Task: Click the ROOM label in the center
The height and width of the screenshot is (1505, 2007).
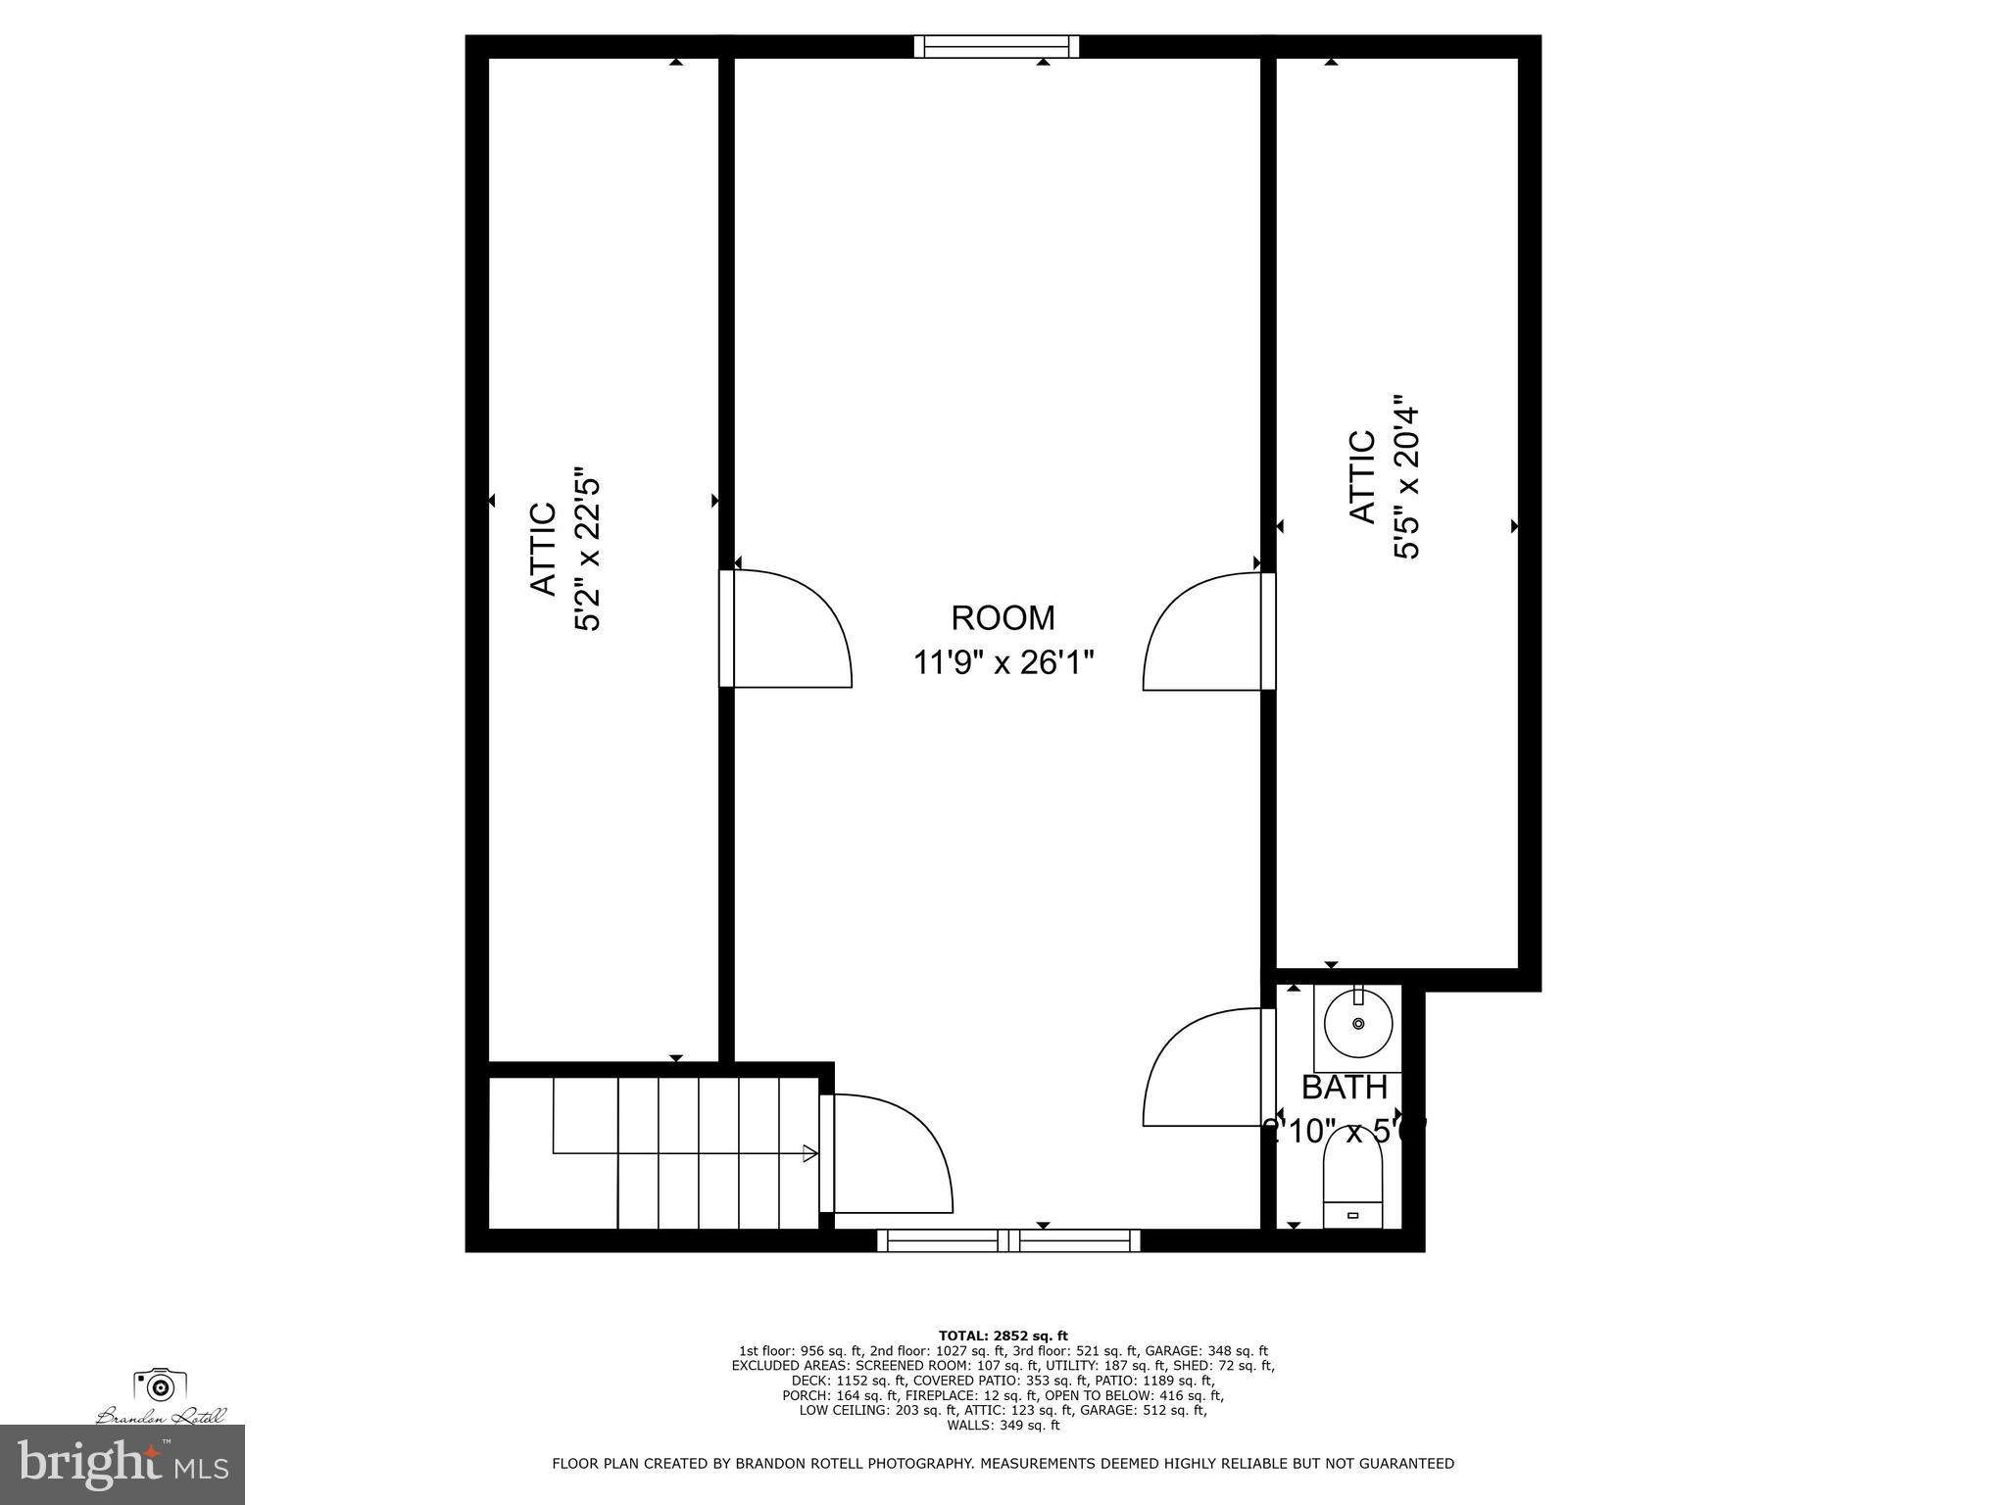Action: (1003, 618)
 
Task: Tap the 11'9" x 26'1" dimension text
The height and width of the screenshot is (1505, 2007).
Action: (1003, 663)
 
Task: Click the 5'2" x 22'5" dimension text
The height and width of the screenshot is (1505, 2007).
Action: (587, 549)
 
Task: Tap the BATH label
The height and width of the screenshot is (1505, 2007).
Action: (1344, 1088)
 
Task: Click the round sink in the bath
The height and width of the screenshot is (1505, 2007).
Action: (1357, 1024)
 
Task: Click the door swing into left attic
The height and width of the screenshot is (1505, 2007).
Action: (789, 629)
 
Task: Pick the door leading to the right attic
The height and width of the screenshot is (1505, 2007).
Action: (1205, 632)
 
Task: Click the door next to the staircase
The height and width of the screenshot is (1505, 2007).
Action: (887, 1152)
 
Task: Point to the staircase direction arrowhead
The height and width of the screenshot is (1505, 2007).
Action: (810, 1153)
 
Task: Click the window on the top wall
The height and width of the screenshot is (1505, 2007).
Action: (997, 46)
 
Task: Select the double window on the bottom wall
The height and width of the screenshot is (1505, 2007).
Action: (1008, 1240)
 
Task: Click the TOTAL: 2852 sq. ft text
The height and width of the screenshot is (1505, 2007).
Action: (1003, 1335)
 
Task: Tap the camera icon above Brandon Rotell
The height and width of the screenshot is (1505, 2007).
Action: (160, 1385)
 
